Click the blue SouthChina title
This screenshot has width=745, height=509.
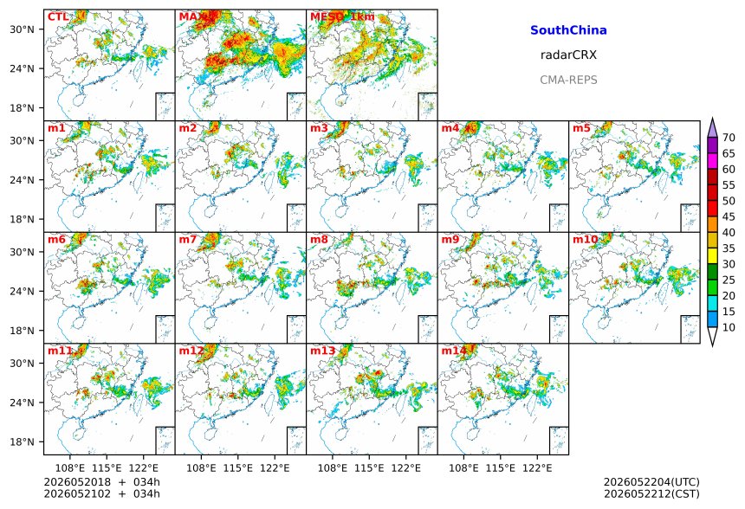568,30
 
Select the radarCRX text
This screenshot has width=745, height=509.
568,55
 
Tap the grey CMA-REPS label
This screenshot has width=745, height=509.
568,80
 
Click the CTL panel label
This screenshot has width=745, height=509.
58,17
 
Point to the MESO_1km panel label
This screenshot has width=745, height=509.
342,17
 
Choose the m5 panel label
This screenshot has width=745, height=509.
581,128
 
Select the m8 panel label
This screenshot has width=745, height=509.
320,239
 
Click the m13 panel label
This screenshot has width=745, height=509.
322,351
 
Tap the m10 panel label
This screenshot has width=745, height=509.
585,239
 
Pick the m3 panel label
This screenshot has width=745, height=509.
320,128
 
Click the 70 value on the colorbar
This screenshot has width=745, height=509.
729,138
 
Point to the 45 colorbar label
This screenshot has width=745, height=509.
729,216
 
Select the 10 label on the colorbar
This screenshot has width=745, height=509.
729,327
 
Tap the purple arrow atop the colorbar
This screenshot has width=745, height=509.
712,127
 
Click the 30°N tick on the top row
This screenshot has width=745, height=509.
23,29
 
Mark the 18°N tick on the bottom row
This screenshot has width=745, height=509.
23,441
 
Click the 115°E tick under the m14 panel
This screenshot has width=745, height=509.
501,468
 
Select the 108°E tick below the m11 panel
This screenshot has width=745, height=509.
70,468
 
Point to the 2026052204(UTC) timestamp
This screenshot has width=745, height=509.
651,482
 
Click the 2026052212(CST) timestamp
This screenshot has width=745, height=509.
651,494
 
